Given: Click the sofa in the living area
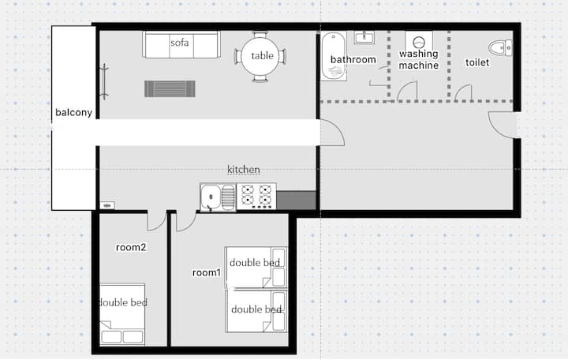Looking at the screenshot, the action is pyautogui.click(x=181, y=44).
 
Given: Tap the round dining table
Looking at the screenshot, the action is pyautogui.click(x=260, y=56).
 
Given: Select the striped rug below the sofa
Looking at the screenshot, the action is pyautogui.click(x=170, y=89).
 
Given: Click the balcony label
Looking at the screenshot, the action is pyautogui.click(x=73, y=112).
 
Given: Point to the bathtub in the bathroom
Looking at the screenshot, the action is pyautogui.click(x=334, y=56).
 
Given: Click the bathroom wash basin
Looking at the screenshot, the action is pyautogui.click(x=364, y=37).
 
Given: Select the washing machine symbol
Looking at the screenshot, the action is pyautogui.click(x=419, y=42).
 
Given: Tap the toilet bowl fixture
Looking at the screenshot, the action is pyautogui.click(x=500, y=47).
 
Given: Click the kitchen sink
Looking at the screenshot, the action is pyautogui.click(x=218, y=197).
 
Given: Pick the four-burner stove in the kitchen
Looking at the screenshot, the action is pyautogui.click(x=256, y=196).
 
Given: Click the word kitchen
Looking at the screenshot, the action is pyautogui.click(x=244, y=169).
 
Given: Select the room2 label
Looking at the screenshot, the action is pyautogui.click(x=131, y=247).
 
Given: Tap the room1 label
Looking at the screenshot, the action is pyautogui.click(x=206, y=272).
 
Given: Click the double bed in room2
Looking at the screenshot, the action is pyautogui.click(x=122, y=314).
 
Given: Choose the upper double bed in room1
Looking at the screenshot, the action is pyautogui.click(x=256, y=268).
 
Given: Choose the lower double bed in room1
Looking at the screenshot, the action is pyautogui.click(x=256, y=311).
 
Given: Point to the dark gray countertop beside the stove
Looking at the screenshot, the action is pyautogui.click(x=296, y=200).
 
